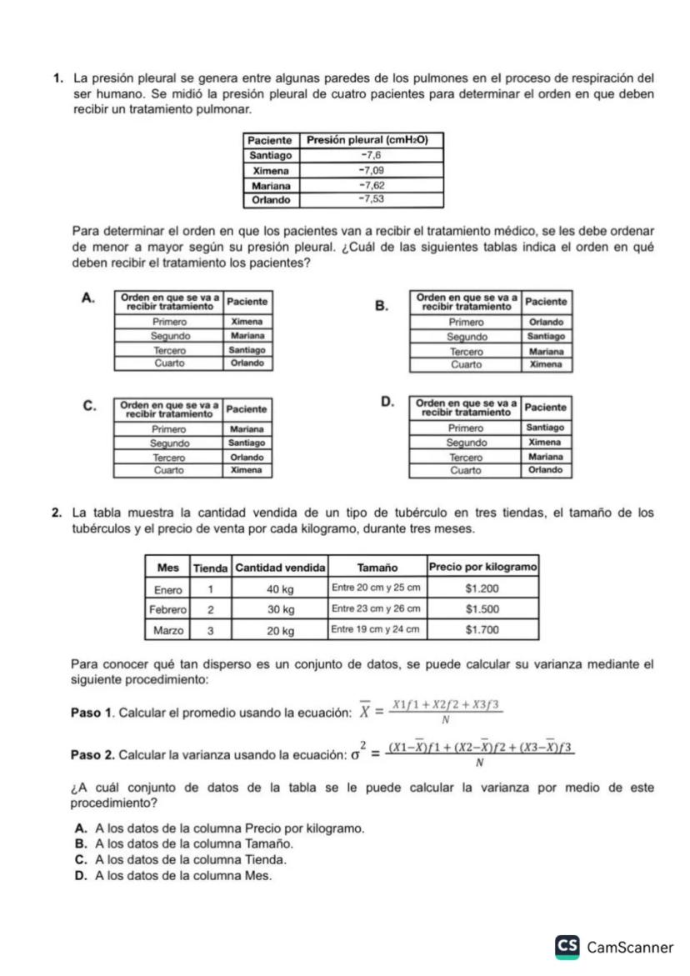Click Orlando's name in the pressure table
pos(271,200)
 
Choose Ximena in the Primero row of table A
pos(247,321)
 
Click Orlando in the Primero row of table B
pos(547,321)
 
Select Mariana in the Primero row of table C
pos(247,428)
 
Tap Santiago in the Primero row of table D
pos(547,428)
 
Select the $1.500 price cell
pos(482,608)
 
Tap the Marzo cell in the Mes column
pos(167,630)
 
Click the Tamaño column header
pos(376,567)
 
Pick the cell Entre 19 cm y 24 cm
pos(376,630)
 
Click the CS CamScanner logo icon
pos(568,947)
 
